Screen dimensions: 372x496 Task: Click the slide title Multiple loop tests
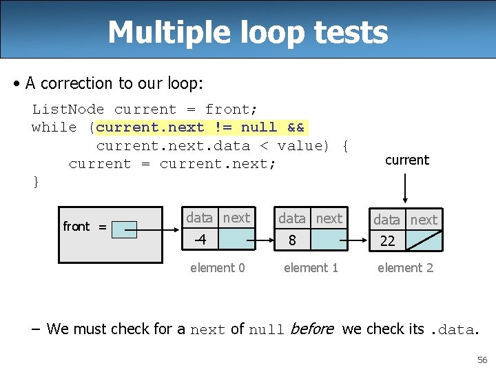click(247, 32)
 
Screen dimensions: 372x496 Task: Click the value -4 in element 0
click(200, 240)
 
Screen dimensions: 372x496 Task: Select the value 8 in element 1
click(292, 240)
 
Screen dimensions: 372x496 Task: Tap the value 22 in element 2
click(387, 241)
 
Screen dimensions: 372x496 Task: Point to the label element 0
click(217, 268)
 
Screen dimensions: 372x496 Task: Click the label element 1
click(311, 268)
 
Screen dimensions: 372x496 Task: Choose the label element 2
click(405, 268)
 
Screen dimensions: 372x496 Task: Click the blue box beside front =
click(125, 229)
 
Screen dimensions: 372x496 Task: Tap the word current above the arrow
click(406, 161)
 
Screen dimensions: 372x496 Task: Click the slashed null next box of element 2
click(423, 240)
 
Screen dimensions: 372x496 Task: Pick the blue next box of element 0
click(236, 240)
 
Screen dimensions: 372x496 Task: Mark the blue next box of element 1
click(329, 240)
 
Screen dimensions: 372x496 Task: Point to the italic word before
click(311, 329)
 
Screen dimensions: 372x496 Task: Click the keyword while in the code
click(54, 127)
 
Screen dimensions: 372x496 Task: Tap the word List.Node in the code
click(68, 110)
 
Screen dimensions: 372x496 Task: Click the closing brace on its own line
click(36, 182)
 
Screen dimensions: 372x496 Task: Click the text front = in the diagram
click(84, 227)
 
